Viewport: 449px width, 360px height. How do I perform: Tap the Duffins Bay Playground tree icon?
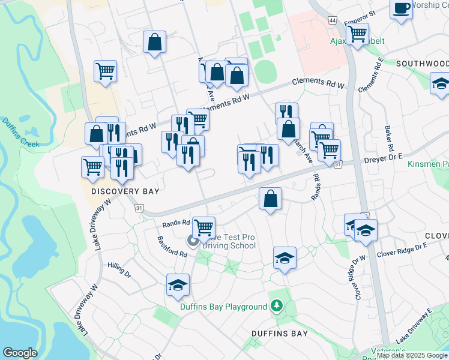click(276, 307)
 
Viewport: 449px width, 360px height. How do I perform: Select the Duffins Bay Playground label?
click(223, 307)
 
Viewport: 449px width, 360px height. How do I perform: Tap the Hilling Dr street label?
click(119, 269)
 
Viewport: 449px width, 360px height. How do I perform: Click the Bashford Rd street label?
click(172, 247)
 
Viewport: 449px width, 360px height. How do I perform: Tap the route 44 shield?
click(333, 20)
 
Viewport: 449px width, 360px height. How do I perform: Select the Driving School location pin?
click(193, 241)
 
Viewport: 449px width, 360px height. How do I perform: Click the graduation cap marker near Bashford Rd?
click(178, 285)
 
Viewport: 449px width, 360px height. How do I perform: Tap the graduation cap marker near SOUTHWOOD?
click(440, 83)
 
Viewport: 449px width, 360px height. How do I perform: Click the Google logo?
click(20, 353)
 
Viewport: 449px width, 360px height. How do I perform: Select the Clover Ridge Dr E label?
click(402, 251)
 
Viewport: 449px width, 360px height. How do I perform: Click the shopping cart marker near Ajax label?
click(357, 34)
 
